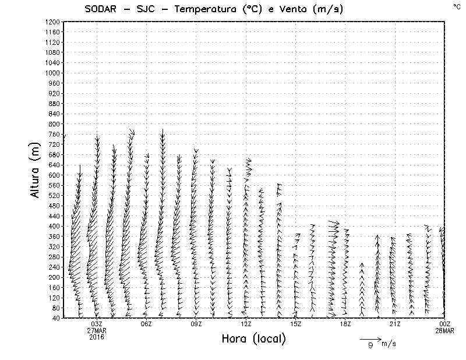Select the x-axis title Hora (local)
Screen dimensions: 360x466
(253, 339)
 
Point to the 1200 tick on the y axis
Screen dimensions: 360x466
(52, 22)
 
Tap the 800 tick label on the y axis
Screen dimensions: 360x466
(54, 123)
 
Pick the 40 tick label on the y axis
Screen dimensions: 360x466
(55, 317)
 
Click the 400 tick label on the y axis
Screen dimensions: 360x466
(54, 226)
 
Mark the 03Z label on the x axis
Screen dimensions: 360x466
(97, 324)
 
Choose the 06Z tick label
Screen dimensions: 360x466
(146, 324)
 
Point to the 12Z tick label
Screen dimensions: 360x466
(246, 324)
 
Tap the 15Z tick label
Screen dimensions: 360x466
(295, 324)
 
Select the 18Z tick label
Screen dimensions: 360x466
(345, 324)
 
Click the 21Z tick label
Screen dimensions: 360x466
(394, 324)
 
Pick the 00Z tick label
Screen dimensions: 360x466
(444, 324)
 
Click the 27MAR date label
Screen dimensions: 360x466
(97, 330)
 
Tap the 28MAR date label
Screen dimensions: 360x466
(444, 330)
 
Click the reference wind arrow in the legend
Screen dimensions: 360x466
(370, 338)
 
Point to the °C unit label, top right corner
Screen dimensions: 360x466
(456, 6)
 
